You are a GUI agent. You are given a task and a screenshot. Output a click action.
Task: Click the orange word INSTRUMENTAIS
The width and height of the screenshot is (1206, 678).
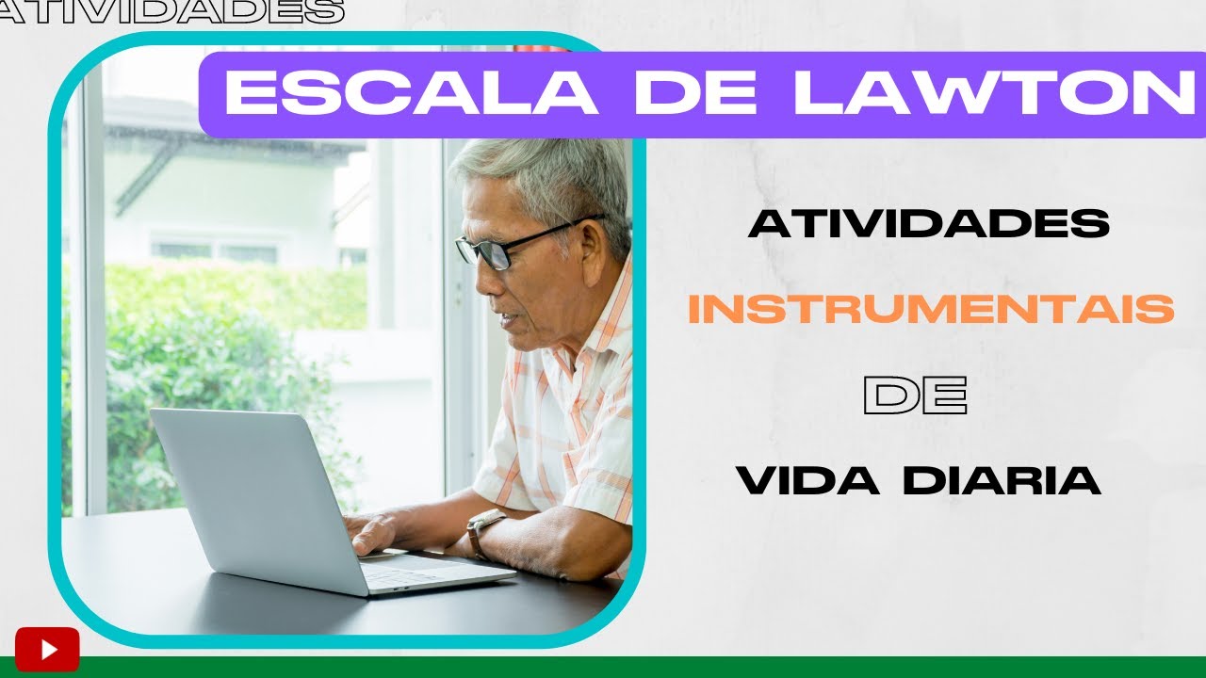[931, 310]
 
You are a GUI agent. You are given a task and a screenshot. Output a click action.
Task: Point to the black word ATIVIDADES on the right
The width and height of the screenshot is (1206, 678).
[929, 224]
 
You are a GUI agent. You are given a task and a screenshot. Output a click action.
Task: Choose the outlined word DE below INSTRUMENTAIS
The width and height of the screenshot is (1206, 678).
[915, 395]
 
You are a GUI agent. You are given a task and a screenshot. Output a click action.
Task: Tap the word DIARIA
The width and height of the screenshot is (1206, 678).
[1002, 480]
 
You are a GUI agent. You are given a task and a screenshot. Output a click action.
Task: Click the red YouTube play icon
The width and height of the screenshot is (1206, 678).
[47, 649]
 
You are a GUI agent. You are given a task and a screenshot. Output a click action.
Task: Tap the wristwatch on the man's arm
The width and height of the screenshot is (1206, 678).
[482, 531]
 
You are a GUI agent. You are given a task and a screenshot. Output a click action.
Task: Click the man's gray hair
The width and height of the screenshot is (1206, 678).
[556, 179]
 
